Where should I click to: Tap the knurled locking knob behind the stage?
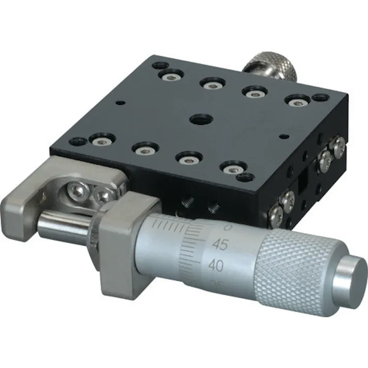[x=274, y=68]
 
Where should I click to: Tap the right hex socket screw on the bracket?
[x=103, y=195]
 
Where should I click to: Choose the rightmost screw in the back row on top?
[x=296, y=102]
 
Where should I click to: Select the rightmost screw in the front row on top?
[x=232, y=168]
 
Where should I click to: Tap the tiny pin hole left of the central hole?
[x=120, y=102]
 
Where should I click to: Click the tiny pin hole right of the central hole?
[x=282, y=137]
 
